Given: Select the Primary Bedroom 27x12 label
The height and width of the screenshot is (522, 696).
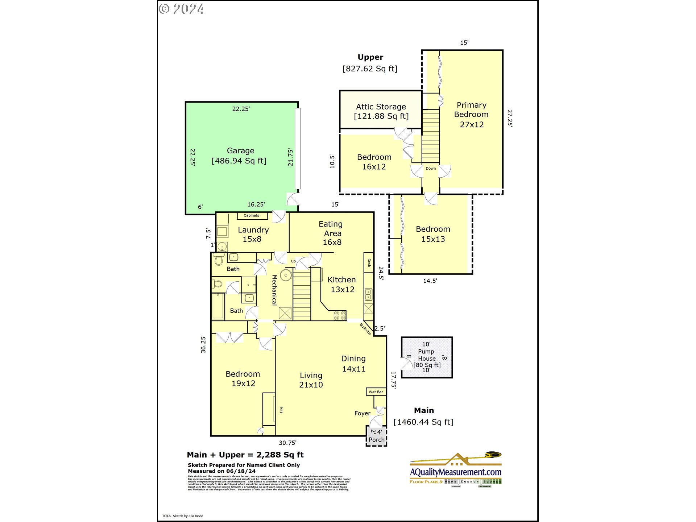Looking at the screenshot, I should (471, 115).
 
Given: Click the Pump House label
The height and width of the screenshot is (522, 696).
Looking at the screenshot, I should (427, 355).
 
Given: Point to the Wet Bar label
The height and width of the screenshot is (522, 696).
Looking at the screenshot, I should (376, 392).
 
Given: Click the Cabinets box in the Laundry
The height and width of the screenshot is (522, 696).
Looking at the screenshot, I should (252, 216).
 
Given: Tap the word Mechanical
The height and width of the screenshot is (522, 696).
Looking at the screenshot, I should (274, 290).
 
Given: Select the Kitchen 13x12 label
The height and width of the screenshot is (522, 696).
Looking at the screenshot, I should (342, 285).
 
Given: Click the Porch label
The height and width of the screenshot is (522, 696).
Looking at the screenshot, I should (377, 440).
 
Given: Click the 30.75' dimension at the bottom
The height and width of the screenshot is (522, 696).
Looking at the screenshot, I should (287, 443).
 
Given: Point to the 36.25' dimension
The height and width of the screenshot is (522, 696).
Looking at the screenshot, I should (203, 344).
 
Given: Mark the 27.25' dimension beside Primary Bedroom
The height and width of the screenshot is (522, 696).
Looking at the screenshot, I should (510, 118).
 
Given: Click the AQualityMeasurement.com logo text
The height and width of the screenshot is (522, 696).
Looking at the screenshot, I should (456, 472).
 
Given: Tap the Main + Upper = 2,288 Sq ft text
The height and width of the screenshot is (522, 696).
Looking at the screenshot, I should (245, 455).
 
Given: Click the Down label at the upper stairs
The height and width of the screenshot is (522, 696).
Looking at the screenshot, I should (431, 169).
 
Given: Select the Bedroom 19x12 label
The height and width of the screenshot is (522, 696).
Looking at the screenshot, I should (243, 378).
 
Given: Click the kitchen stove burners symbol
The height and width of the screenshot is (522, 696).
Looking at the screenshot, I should (340, 315).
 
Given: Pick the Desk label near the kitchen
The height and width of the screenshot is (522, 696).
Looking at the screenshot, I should (369, 263).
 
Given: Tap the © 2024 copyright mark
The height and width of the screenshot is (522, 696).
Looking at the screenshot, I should (181, 9).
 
